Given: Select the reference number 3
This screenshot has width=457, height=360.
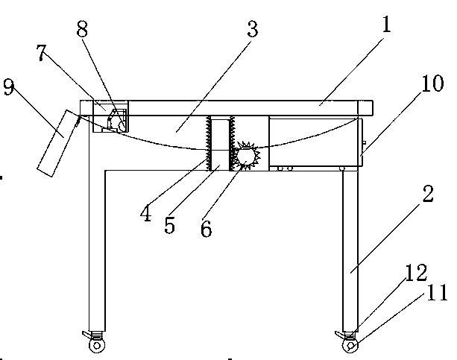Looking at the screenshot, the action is click(251, 30).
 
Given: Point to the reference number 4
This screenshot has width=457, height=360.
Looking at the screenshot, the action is click(145, 214).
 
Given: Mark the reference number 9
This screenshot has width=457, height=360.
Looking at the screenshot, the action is click(8, 88).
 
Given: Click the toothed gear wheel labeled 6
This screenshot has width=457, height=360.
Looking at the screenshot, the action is click(244, 157).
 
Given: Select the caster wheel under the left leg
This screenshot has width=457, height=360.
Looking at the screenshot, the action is click(95, 344).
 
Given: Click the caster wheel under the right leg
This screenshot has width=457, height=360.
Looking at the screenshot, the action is click(348, 344).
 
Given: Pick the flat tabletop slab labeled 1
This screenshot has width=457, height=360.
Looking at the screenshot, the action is click(246, 108).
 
